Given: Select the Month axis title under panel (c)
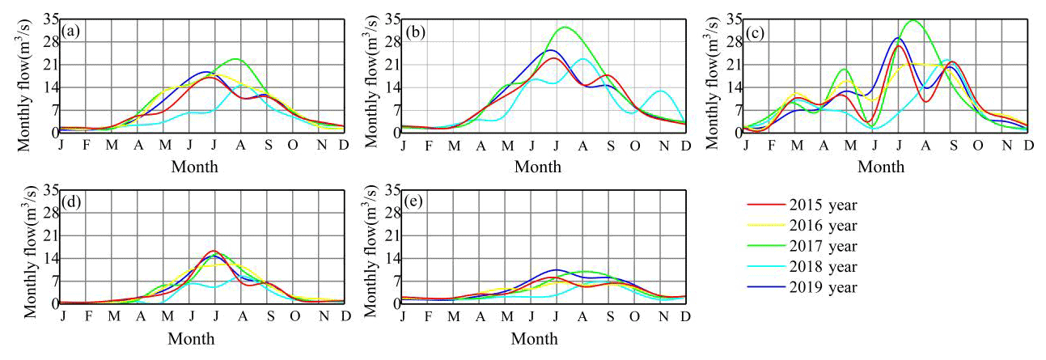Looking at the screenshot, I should click(x=881, y=166).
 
